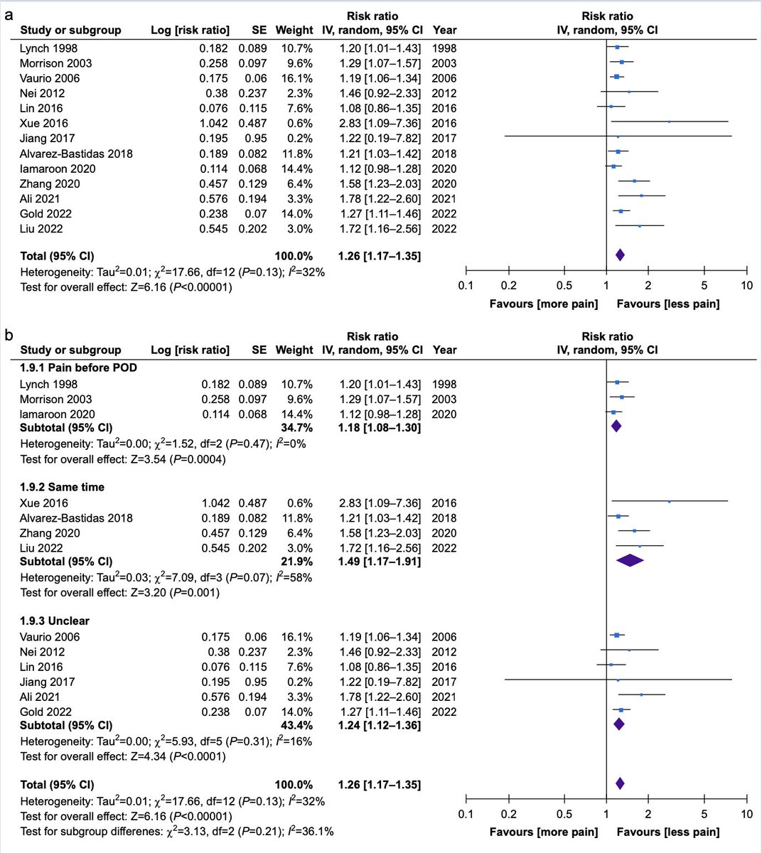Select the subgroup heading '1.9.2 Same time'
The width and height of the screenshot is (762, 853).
tap(63, 487)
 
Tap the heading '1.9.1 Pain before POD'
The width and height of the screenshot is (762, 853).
tap(79, 368)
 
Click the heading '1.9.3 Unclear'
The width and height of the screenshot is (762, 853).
tap(55, 621)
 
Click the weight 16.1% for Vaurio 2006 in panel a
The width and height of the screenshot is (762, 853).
tap(298, 78)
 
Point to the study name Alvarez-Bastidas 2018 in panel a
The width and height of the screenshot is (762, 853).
tap(76, 154)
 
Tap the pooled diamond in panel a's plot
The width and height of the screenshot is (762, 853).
tap(619, 255)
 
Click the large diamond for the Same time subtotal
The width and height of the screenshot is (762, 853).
tap(630, 561)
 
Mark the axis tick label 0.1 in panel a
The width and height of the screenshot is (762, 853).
tap(466, 286)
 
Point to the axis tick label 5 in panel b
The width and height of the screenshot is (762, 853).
tap(704, 813)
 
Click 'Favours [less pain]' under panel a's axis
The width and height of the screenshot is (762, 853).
tap(667, 304)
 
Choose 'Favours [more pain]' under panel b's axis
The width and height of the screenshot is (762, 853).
tap(544, 832)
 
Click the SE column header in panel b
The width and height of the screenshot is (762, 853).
tap(259, 350)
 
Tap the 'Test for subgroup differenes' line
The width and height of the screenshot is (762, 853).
tap(177, 831)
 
